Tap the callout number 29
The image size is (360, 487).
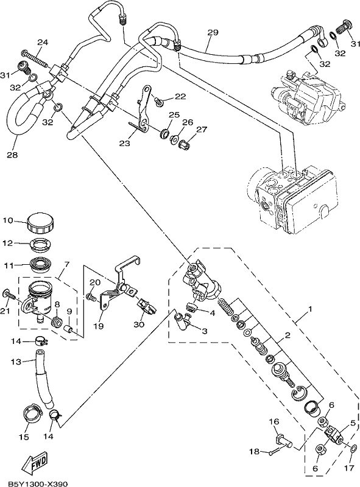tap(213, 32)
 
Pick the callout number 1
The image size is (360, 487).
tap(310, 309)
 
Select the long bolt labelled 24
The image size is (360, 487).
tap(35, 58)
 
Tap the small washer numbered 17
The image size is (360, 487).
tap(353, 449)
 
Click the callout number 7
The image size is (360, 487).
tap(67, 264)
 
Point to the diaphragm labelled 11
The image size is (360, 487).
tap(41, 265)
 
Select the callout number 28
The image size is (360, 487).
tap(13, 155)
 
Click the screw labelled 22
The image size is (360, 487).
tap(159, 100)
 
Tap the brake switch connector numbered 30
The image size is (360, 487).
tap(146, 307)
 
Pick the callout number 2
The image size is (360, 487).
tap(288, 335)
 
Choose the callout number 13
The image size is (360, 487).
tap(16, 362)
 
